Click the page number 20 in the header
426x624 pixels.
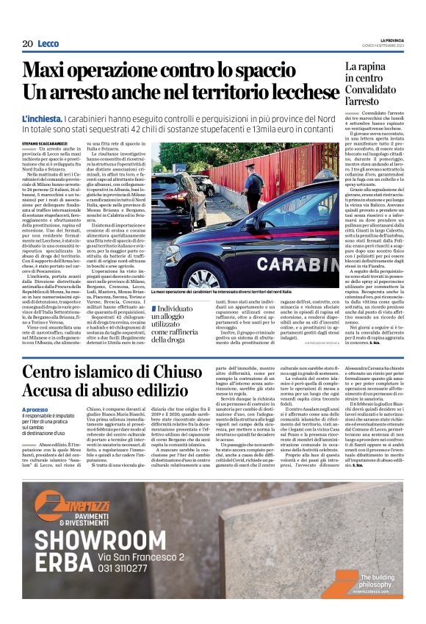point(26,44)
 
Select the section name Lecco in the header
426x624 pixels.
point(48,44)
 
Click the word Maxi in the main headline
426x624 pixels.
point(50,71)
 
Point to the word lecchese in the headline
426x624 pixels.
point(280,93)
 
